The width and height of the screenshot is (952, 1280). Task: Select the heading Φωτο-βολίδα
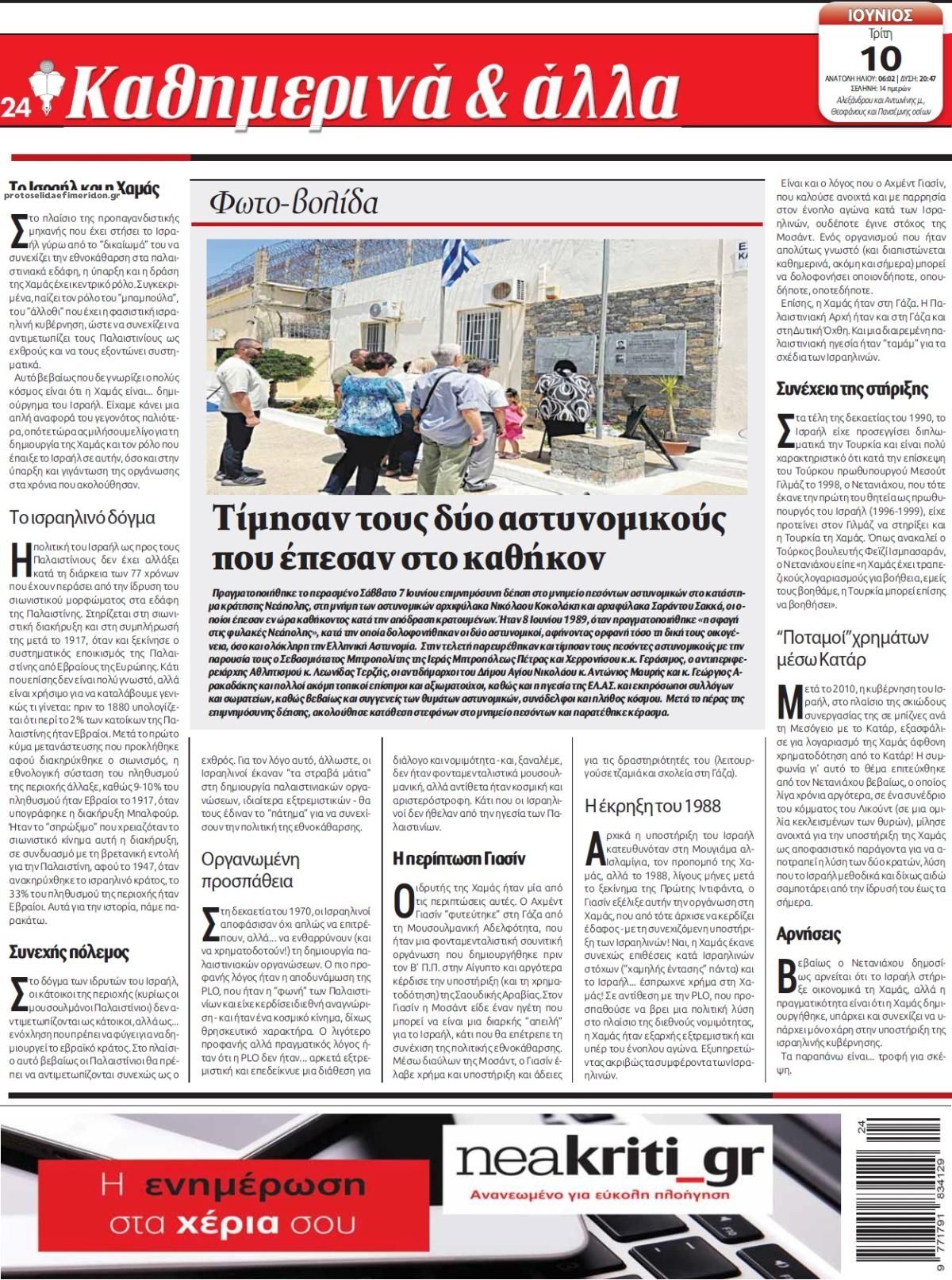pos(294,203)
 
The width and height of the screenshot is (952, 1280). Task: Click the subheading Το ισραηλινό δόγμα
pos(83,519)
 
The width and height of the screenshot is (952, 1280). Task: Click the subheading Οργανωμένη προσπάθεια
pos(250,870)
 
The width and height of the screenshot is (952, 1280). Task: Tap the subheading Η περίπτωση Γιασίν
pos(459,858)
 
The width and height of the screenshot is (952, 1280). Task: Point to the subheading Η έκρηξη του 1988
pos(652,807)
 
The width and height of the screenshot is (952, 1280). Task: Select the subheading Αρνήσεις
pos(808,933)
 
